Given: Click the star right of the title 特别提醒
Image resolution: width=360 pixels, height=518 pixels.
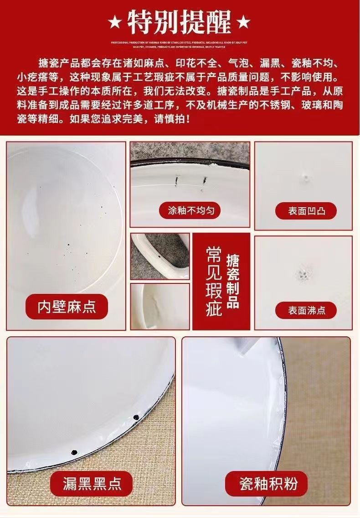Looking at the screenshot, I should (245, 21).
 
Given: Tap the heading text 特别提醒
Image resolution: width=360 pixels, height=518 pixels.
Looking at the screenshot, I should (180, 21).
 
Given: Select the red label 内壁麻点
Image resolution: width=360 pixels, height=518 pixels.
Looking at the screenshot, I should (67, 306).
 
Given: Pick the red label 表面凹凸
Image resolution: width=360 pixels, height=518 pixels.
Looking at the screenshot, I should (306, 211).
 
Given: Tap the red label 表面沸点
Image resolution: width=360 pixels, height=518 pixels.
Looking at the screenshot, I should (306, 310).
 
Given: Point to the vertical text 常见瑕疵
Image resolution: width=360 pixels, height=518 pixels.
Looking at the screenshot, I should (213, 282).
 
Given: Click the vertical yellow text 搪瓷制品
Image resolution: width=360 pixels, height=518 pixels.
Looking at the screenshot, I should (233, 282).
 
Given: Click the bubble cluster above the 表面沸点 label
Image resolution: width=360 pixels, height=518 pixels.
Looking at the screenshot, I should (302, 274).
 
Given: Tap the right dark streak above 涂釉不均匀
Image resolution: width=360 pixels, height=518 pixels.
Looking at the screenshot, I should (203, 181).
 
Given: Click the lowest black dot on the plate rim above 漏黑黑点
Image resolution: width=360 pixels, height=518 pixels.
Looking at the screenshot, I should (74, 451).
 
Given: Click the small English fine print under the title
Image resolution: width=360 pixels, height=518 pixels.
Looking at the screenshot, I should (180, 44).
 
